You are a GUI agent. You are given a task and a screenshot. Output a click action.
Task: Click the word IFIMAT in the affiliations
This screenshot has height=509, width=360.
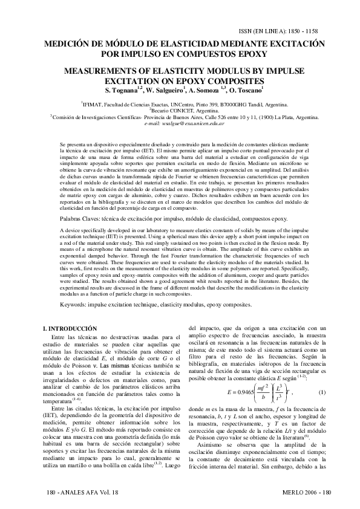tap(95, 105)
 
